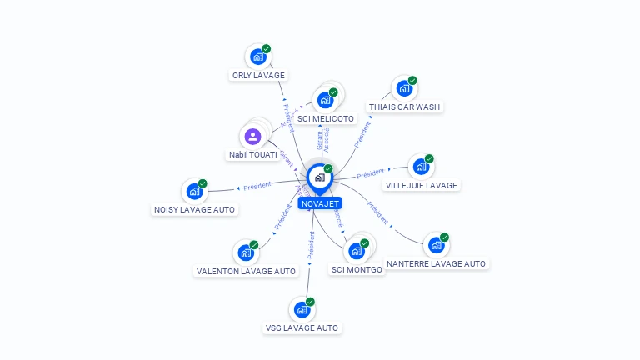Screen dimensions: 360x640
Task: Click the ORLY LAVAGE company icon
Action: coord(257,57)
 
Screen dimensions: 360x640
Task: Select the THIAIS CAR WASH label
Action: coord(405,107)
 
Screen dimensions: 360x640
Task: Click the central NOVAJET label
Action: coord(320,202)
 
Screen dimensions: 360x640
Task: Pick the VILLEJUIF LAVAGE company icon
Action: coord(421,167)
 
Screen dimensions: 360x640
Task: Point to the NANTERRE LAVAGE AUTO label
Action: coord(436,263)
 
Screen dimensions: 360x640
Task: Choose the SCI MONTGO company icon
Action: coord(357,251)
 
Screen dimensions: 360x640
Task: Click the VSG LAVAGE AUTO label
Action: coord(302,327)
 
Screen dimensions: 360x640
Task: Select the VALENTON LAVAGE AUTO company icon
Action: coord(245,252)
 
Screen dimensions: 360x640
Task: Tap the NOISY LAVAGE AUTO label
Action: coord(195,209)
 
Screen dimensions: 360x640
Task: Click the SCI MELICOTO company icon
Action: coord(325,101)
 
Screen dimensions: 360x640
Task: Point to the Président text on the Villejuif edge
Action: coord(371,174)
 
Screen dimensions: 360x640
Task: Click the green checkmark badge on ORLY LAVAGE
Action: coord(267,49)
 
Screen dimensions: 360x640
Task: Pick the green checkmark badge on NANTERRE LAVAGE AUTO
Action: coord(445,237)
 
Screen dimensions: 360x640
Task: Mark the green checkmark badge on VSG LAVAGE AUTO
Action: coord(310,301)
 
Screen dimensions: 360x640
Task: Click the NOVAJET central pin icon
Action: coord(319,177)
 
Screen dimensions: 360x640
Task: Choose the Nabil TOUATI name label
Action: coord(253,155)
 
